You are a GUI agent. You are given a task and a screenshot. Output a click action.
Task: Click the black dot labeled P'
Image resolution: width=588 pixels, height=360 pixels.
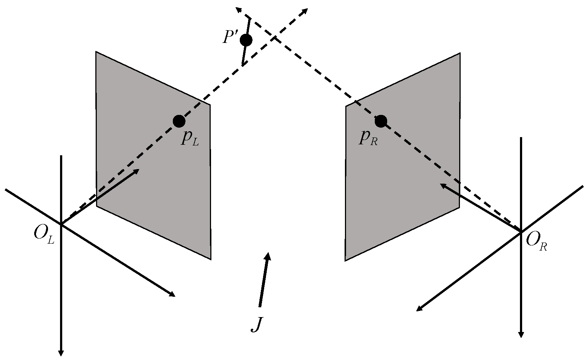click(x=246, y=40)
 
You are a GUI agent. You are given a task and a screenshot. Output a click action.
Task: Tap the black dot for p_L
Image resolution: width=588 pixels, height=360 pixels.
click(x=179, y=121)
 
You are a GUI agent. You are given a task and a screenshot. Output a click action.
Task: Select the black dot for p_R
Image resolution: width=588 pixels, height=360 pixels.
click(x=381, y=121)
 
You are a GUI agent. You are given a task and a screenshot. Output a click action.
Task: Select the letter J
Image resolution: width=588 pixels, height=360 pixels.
click(x=257, y=324)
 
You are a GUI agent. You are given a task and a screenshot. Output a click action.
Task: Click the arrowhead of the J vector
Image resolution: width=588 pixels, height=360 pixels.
click(x=268, y=255)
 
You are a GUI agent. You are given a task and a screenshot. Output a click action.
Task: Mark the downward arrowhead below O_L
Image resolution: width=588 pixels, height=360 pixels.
click(x=61, y=353)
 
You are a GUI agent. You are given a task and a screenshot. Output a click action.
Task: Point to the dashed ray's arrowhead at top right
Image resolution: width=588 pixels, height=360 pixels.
click(x=305, y=11)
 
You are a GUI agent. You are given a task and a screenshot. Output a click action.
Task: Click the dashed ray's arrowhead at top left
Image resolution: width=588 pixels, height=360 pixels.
click(x=239, y=9)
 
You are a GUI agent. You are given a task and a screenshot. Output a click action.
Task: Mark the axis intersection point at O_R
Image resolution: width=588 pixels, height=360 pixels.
click(x=521, y=231)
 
